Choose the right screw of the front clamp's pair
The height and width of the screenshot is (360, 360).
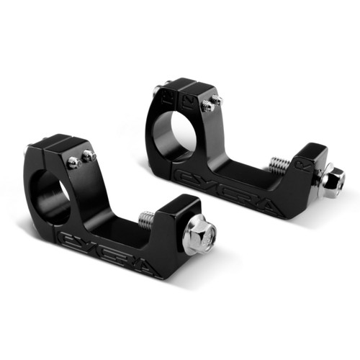click(x=89, y=155)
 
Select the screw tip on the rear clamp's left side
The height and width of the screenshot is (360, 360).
click(x=156, y=90)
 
